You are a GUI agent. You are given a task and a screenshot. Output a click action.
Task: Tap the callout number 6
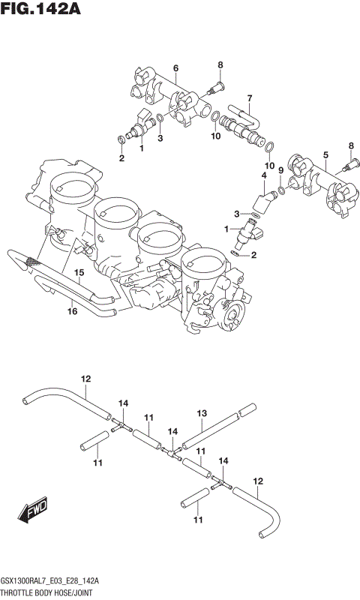click(x=175, y=68)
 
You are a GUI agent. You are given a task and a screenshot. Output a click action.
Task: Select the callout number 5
click(x=325, y=155)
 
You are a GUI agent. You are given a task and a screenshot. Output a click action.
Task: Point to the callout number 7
click(x=249, y=97)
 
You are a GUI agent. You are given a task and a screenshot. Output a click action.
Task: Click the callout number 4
click(x=263, y=176)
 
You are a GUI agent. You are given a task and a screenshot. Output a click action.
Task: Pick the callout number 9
click(x=280, y=170)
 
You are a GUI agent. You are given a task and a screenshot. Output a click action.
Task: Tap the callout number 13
click(x=201, y=413)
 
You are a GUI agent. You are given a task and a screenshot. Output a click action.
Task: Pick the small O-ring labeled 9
click(x=281, y=190)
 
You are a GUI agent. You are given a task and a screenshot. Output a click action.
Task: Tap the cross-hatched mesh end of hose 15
click(x=31, y=262)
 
